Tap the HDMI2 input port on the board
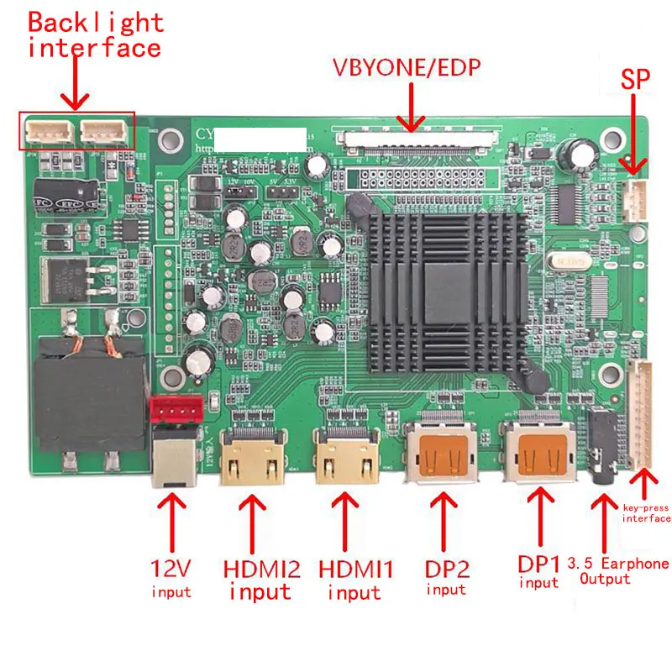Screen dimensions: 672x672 pyautogui.click(x=249, y=458)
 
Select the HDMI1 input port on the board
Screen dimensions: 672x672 pyautogui.click(x=344, y=458)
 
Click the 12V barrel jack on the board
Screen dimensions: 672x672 pyautogui.click(x=175, y=458)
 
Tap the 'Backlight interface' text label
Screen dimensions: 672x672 pyautogui.click(x=94, y=35)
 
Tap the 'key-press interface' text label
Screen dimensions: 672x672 pyautogui.click(x=646, y=512)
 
